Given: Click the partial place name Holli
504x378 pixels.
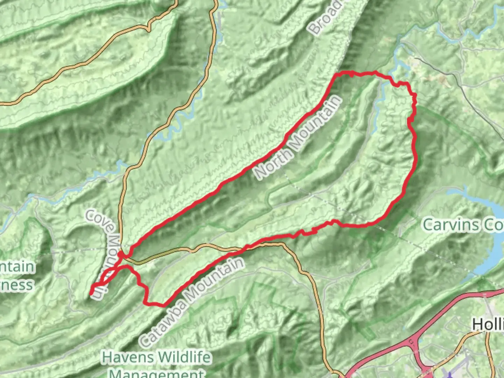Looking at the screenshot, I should click(488, 325).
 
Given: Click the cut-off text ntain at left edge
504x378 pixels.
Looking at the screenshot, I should click(17, 267).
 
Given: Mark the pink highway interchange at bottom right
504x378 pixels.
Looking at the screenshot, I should click(416, 345).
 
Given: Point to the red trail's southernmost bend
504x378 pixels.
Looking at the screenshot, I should click(163, 305).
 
